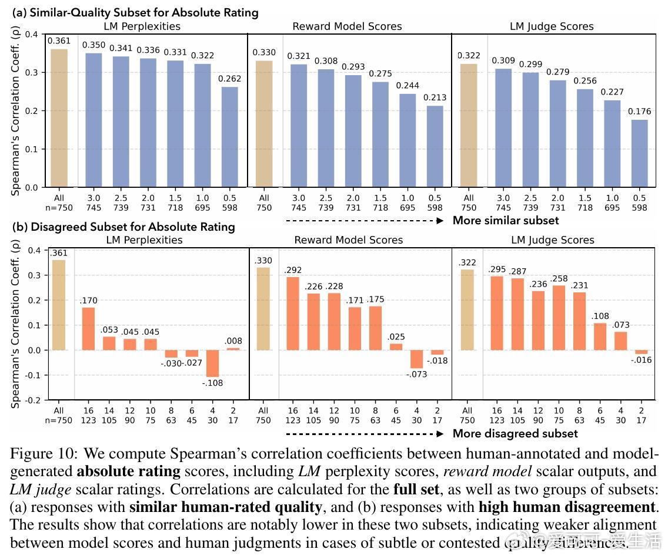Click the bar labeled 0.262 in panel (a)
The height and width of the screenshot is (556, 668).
pyautogui.click(x=230, y=137)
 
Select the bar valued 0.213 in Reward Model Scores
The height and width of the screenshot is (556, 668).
pyautogui.click(x=435, y=146)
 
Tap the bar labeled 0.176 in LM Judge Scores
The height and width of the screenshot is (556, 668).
pyautogui.click(x=639, y=153)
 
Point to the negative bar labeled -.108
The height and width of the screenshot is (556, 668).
pyautogui.click(x=212, y=363)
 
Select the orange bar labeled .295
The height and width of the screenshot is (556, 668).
pyautogui.click(x=496, y=313)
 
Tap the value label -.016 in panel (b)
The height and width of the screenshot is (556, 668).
pyautogui.click(x=641, y=360)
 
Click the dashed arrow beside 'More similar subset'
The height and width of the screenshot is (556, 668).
pyautogui.click(x=365, y=221)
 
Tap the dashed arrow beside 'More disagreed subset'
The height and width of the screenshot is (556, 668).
pyautogui.click(x=365, y=434)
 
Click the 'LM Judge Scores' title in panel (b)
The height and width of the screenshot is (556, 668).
pyautogui.click(x=552, y=240)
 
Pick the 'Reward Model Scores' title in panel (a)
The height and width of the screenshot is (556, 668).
pyautogui.click(x=347, y=26)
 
